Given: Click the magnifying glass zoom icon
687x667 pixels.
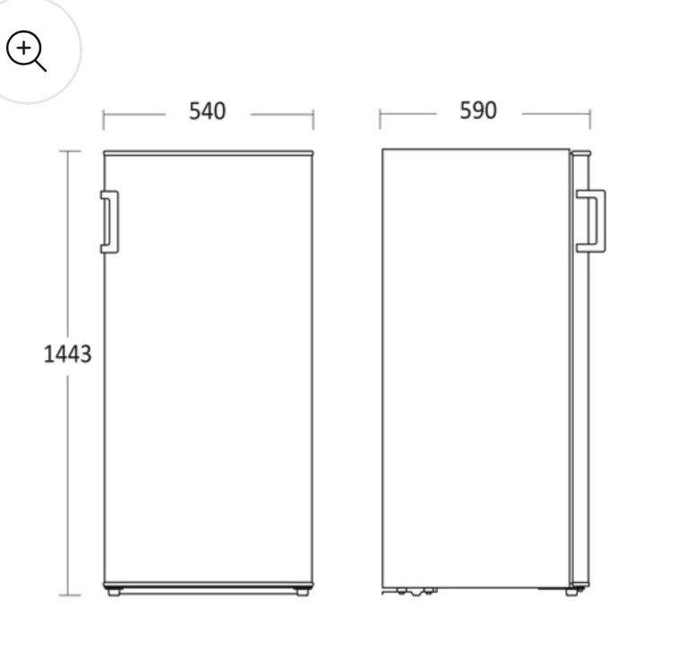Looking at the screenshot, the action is coord(26,50).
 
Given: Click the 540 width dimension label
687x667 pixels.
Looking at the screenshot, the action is coord(207,111).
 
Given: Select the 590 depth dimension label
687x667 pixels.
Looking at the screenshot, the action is coord(478,110).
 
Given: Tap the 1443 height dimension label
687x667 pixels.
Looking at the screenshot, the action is coord(67,354).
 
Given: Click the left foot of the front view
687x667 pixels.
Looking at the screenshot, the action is coord(114,592).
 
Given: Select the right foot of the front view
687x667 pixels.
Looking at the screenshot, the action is coord(303,592).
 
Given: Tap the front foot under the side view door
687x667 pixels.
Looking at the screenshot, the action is coord(571,592).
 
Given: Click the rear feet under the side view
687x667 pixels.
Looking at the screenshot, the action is coord(415,591).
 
